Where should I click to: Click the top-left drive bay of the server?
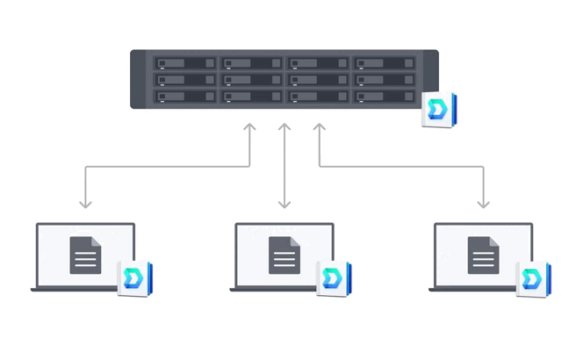[x=185, y=63]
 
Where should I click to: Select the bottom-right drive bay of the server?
[x=385, y=95]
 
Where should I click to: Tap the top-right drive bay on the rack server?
[x=385, y=63]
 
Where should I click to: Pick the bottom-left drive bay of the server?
[x=185, y=95]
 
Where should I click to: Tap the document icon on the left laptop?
[x=84, y=255]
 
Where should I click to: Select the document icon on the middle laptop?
[x=284, y=255]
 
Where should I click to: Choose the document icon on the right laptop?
[x=483, y=255]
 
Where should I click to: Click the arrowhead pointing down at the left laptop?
[x=85, y=205]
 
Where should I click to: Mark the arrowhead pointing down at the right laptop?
[x=483, y=205]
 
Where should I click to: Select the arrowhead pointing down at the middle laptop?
[x=284, y=205]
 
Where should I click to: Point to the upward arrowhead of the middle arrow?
[x=284, y=127]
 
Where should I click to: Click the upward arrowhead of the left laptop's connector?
[x=250, y=127]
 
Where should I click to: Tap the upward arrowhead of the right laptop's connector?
[x=318, y=127]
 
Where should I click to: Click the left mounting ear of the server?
[x=137, y=79]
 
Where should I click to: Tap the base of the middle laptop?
[x=284, y=288]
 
